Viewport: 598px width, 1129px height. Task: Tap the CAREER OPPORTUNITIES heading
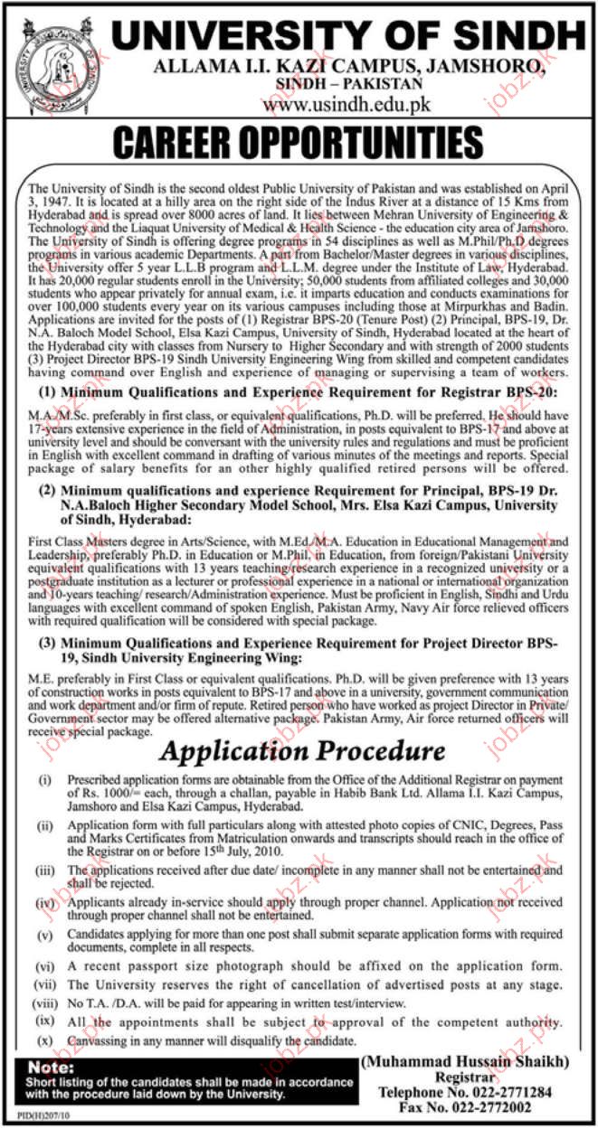[299, 144]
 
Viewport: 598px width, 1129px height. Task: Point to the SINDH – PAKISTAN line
[349, 83]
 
